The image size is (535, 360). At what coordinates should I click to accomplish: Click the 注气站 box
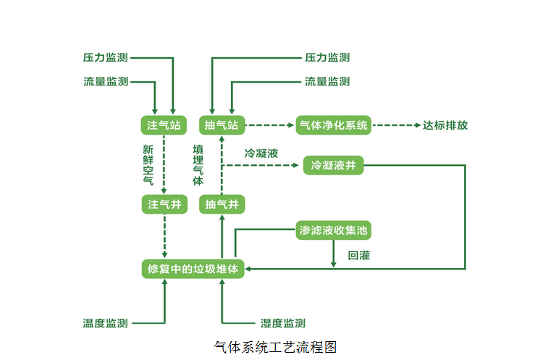pyautogui.click(x=164, y=125)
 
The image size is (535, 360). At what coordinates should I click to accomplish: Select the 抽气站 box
pyautogui.click(x=222, y=125)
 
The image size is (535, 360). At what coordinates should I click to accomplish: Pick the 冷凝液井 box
pyautogui.click(x=334, y=166)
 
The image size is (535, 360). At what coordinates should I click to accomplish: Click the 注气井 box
pyautogui.click(x=164, y=204)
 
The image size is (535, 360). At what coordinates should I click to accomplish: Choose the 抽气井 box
pyautogui.click(x=222, y=204)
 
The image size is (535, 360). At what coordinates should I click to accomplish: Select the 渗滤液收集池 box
pyautogui.click(x=334, y=231)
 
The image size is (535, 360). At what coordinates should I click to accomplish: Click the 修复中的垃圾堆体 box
pyautogui.click(x=193, y=269)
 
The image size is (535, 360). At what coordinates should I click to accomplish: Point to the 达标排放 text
pyautogui.click(x=445, y=125)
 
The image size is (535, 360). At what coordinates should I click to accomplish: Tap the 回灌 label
pyautogui.click(x=359, y=255)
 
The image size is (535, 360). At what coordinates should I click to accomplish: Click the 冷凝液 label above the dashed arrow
pyautogui.click(x=261, y=154)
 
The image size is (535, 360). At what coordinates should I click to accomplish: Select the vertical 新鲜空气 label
pyautogui.click(x=148, y=164)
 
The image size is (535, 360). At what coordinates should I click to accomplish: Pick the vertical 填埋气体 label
pyautogui.click(x=198, y=164)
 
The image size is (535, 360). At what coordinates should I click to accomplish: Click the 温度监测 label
pyautogui.click(x=106, y=323)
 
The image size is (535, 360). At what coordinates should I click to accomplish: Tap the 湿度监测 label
pyautogui.click(x=282, y=323)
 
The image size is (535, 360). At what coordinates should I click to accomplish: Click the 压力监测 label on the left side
pyautogui.click(x=106, y=57)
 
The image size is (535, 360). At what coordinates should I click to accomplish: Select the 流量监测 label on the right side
pyautogui.click(x=327, y=82)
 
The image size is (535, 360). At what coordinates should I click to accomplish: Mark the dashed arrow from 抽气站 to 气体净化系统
pyautogui.click(x=270, y=125)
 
